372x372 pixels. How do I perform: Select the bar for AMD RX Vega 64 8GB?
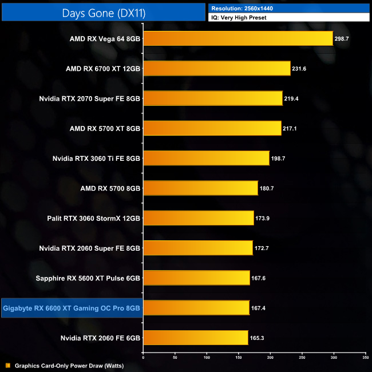click(238, 38)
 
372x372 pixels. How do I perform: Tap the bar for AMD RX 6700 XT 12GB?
click(216, 69)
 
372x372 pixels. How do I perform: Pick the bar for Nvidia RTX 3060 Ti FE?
click(206, 158)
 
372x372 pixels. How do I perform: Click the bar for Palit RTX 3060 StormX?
click(198, 218)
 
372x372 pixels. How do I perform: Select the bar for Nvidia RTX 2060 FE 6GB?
click(195, 338)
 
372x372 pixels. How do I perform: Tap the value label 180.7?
click(267, 188)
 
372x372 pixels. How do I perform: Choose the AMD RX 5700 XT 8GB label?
click(105, 128)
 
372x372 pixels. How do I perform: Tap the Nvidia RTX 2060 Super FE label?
click(90, 248)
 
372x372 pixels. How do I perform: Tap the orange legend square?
click(7, 365)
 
